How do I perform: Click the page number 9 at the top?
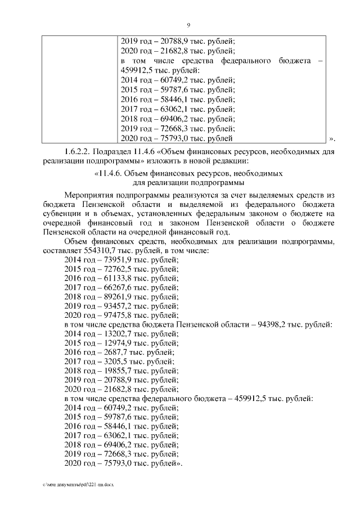click(188, 25)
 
